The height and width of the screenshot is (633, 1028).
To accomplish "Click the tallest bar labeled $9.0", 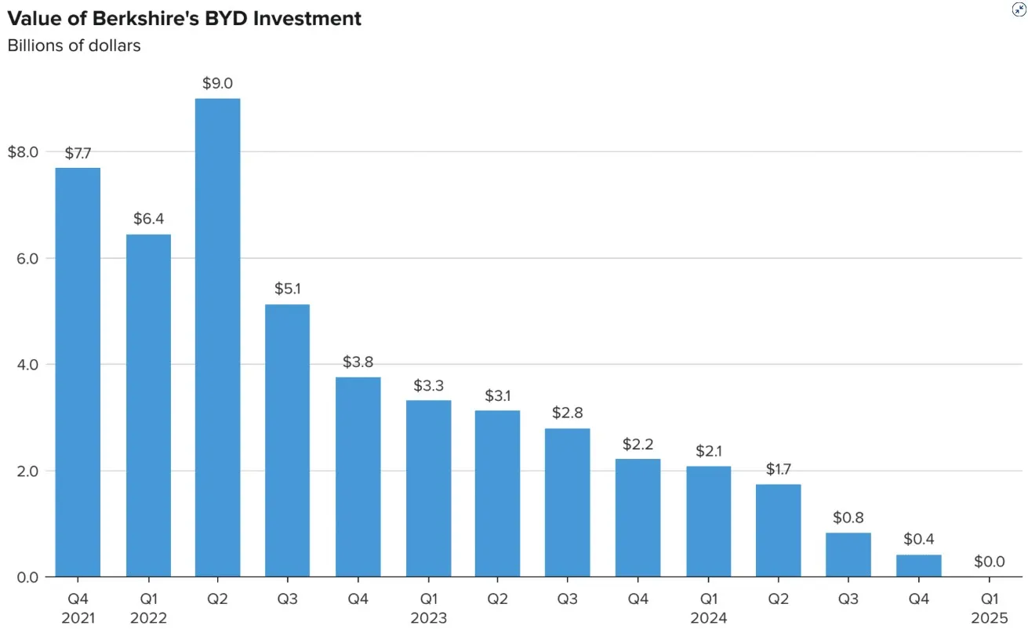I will coord(217,337).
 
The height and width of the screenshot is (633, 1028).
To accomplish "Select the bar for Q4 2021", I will coord(78,373).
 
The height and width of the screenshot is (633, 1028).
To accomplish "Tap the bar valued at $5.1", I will coord(287,440).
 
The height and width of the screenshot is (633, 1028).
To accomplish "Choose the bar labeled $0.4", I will coord(918,566).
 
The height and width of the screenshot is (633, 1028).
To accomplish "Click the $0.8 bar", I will coord(848,555).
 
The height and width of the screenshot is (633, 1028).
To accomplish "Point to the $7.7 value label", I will coord(78,153).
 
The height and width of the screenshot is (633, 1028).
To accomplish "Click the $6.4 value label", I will coord(148,219).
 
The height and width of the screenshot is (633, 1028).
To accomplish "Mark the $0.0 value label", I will coord(988,562).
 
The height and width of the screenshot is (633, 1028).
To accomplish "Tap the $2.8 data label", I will coord(567,413).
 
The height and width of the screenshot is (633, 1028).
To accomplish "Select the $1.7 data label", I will coord(777,469).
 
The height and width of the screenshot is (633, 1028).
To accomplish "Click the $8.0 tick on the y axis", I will coord(23,152).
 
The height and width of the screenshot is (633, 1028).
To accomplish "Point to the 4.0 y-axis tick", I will coord(27,365).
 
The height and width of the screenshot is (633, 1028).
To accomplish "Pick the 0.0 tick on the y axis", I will coord(27,577).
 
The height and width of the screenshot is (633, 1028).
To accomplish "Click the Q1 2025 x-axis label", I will coord(988,609).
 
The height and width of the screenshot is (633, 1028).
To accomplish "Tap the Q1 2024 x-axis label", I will coord(707,609).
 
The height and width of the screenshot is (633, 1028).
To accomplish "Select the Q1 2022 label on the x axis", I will coord(148,609).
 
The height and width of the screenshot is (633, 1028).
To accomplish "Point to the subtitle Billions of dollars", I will coord(74,45).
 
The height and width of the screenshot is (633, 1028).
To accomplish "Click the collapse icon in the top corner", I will coord(1019,9).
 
